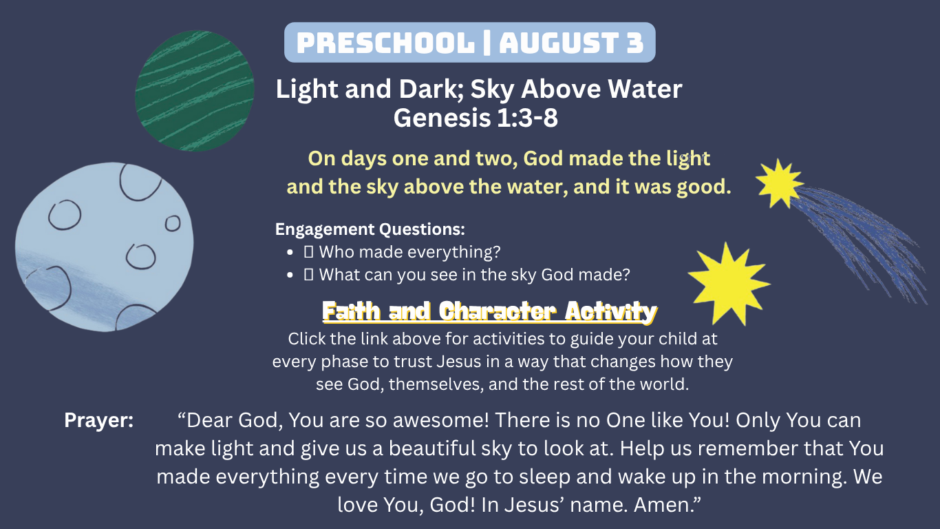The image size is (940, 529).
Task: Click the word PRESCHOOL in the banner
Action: coord(385,43)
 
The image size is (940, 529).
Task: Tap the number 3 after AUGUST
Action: coord(635,43)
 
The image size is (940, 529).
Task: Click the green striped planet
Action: coord(194,90)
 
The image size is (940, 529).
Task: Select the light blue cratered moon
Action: coord(105,247)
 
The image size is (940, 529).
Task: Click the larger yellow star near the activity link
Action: coord(729,284)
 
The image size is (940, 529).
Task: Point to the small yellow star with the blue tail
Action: coord(780,183)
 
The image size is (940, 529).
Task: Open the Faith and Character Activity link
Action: coord(489,312)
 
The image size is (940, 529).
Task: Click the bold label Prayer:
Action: coord(99,420)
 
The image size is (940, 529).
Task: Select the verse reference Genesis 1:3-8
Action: coord(476,118)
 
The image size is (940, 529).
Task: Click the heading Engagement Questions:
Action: coord(370,229)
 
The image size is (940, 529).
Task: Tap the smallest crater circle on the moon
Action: coord(173,224)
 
